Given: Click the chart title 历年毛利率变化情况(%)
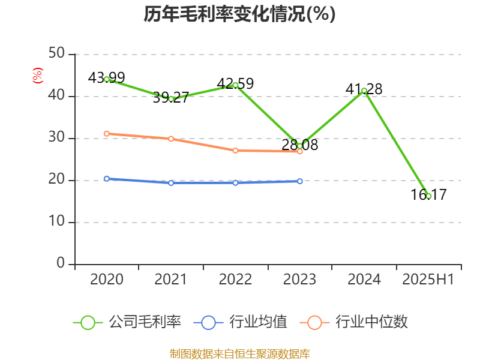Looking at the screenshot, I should [x=239, y=14].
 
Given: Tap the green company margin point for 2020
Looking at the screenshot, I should [x=107, y=79].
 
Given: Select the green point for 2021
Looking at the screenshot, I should [x=171, y=99].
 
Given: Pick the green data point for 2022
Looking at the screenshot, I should [x=235, y=85].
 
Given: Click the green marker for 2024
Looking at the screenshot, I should [x=364, y=91].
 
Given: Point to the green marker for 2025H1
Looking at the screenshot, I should [x=428, y=196].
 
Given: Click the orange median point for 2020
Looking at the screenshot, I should [x=107, y=134].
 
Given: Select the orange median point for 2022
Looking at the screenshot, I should [x=235, y=151].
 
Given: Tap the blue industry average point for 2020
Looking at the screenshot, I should [x=107, y=179].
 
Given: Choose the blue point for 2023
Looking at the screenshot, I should [x=300, y=181].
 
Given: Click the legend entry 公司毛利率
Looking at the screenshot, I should [x=128, y=322].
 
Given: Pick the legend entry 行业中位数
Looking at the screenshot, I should [x=358, y=322].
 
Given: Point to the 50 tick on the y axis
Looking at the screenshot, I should [x=56, y=54].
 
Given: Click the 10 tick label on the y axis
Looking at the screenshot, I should [x=56, y=222].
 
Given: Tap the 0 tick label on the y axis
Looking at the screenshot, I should [x=61, y=263].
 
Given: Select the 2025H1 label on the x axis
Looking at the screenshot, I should [x=428, y=280].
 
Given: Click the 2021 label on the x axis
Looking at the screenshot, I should [x=171, y=280].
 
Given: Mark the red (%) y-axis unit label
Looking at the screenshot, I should [x=38, y=76].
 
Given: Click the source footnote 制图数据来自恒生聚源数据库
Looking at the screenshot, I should [x=239, y=353].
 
